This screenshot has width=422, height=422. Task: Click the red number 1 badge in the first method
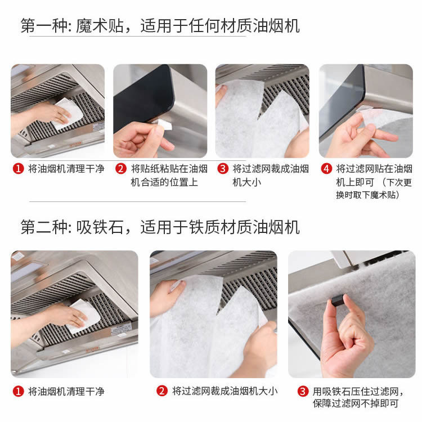(x=19, y=169)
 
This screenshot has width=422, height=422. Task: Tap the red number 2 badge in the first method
(x=121, y=169)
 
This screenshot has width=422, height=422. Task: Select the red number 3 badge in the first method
(x=223, y=169)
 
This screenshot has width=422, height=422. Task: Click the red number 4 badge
(x=326, y=169)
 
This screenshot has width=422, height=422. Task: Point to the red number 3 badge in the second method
(x=303, y=391)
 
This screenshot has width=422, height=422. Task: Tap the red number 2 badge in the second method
(x=162, y=391)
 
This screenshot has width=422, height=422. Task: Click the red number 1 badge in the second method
(x=19, y=391)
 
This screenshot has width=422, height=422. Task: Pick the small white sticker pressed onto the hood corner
(x=165, y=124)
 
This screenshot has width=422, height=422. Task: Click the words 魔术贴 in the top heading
(x=100, y=26)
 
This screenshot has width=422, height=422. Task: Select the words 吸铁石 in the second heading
(x=100, y=227)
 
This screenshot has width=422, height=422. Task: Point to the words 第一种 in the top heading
(x=44, y=26)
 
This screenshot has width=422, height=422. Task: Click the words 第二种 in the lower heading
(x=44, y=227)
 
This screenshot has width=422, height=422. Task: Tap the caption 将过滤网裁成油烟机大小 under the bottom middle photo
(x=225, y=391)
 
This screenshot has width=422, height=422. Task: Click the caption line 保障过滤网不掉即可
(x=356, y=403)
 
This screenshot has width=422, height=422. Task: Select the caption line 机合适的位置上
(x=164, y=182)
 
